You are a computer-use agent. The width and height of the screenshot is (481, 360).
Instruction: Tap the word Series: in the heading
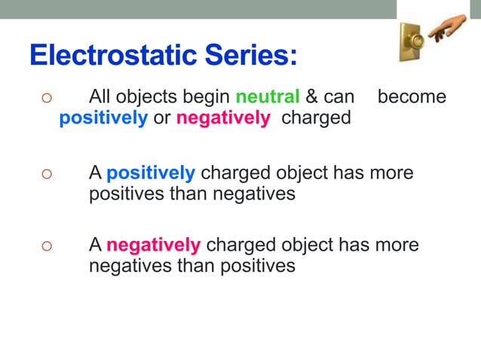(258, 55)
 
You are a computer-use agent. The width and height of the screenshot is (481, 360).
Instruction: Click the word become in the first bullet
(411, 97)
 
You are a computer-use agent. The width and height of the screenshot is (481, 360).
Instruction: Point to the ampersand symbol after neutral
(311, 97)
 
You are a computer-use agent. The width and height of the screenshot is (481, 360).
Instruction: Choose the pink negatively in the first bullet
(222, 119)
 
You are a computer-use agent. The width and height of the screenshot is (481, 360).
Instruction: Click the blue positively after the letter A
(151, 172)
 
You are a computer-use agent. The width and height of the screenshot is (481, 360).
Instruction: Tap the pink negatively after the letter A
(153, 246)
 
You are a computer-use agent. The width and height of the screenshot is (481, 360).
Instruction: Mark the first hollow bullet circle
(46, 98)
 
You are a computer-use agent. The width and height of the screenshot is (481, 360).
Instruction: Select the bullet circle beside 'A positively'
(46, 173)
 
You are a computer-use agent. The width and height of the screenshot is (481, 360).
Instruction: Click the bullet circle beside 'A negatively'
(46, 246)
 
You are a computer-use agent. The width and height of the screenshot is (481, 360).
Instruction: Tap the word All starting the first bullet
(102, 97)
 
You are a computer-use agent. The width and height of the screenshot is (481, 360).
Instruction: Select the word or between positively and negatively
(161, 119)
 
